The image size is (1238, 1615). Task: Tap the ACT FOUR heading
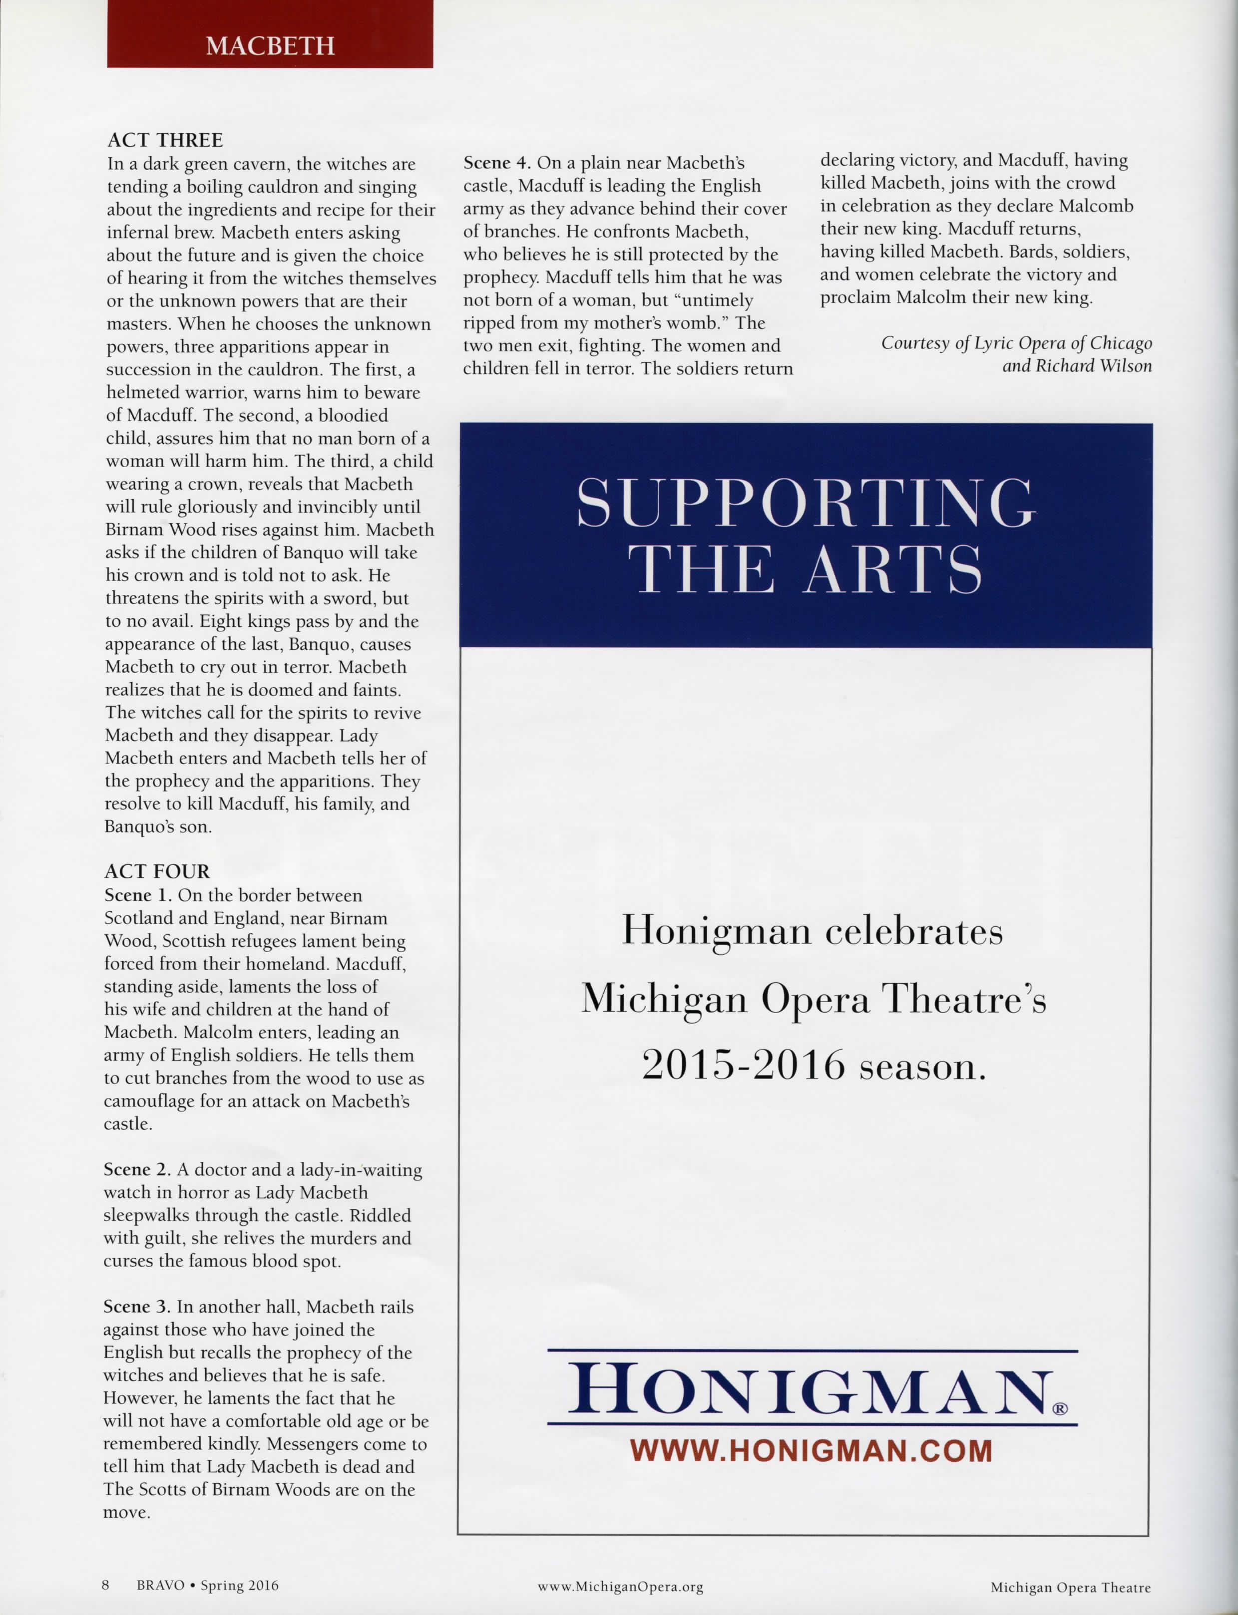(157, 872)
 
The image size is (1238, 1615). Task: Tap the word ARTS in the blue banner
(892, 569)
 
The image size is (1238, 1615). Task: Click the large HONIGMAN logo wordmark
(807, 1389)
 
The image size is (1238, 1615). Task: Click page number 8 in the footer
(105, 1585)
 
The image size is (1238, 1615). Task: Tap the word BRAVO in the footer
(160, 1585)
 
